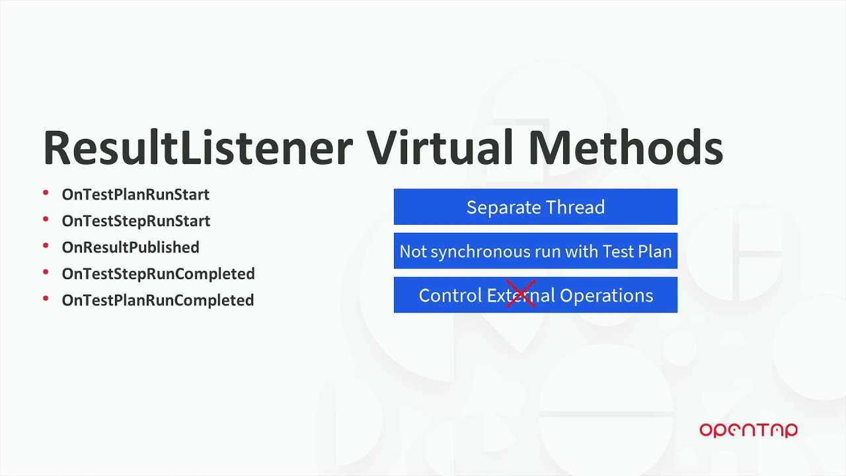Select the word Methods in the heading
pos(625,147)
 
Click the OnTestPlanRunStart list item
pos(135,194)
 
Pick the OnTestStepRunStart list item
pos(136,221)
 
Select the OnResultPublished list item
pos(130,247)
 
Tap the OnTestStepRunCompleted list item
pos(158,274)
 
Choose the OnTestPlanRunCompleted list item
pos(158,300)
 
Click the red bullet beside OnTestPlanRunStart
pos(46,193)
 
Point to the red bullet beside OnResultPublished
pos(46,246)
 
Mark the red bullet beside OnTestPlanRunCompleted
pos(46,299)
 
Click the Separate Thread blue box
pos(535,207)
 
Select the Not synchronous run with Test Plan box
pos(535,251)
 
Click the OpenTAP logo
pos(748,430)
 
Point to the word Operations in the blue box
pos(606,296)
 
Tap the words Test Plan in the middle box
pos(636,252)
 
